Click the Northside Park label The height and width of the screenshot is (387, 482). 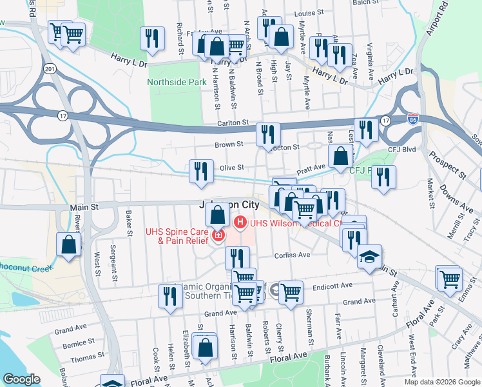pyautogui.click(x=177, y=82)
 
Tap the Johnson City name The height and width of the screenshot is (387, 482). pyautogui.click(x=228, y=204)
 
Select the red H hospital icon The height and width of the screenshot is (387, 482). pyautogui.click(x=241, y=223)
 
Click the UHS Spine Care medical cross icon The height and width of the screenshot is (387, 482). pyautogui.click(x=218, y=237)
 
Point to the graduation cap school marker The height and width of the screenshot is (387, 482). pyautogui.click(x=369, y=257)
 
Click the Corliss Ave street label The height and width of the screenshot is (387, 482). pyautogui.click(x=293, y=255)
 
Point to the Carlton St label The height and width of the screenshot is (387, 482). pyautogui.click(x=233, y=122)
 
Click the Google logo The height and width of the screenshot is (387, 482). pyautogui.click(x=21, y=379)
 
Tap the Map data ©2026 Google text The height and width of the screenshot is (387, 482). pyautogui.click(x=441, y=381)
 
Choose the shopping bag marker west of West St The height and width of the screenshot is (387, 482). pyautogui.click(x=69, y=245)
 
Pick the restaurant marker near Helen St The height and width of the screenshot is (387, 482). pyautogui.click(x=170, y=296)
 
